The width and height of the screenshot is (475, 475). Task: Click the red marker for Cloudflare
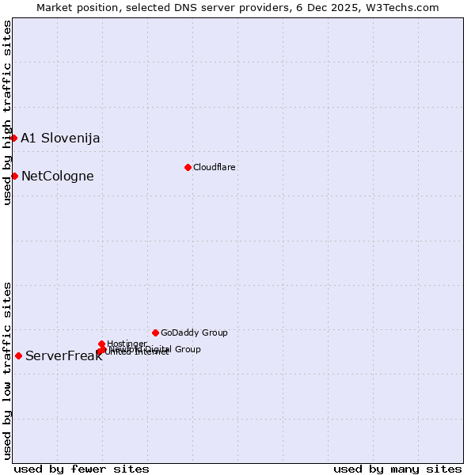coord(188,167)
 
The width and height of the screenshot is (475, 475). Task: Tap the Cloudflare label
coord(215,167)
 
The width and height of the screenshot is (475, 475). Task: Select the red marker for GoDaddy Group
coord(155,332)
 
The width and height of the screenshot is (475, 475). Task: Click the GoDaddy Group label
coord(194,332)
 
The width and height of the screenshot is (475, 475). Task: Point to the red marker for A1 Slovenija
coord(13,138)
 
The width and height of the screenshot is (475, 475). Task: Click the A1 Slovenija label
coord(60,138)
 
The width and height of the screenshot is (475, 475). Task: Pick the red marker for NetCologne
coord(14,176)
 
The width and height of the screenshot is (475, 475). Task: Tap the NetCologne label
coord(58,176)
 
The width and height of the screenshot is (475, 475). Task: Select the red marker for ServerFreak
coord(18,355)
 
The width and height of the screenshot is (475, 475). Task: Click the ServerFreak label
coord(63,355)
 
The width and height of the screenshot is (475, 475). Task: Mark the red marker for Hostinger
coord(101,344)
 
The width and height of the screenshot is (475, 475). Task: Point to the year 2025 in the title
coord(342,7)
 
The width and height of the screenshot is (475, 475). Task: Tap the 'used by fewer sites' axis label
coord(82,469)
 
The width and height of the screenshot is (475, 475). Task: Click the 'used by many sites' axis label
coord(397,469)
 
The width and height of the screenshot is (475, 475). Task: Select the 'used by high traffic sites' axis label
coord(7,112)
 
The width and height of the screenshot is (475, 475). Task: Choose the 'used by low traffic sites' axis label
coord(7,370)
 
